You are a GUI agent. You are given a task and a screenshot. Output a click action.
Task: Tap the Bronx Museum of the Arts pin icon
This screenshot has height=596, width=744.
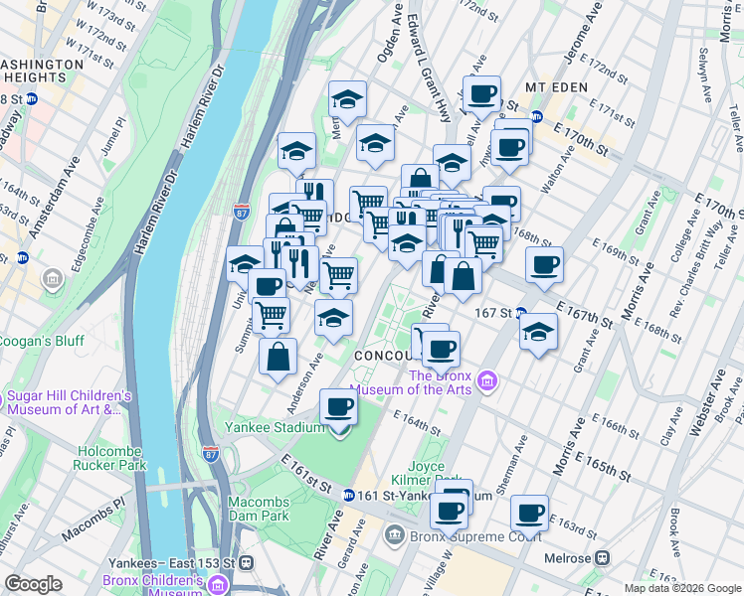(x=486, y=380)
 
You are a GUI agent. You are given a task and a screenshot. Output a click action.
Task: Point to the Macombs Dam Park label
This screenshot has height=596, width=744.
(x=258, y=509)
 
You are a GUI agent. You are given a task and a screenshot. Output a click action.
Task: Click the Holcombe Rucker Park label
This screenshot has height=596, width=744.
(x=111, y=458)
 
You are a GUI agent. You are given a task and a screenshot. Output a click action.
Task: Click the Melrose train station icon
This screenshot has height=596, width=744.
(x=601, y=557)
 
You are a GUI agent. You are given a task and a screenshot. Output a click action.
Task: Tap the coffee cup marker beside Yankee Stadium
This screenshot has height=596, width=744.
(x=339, y=407)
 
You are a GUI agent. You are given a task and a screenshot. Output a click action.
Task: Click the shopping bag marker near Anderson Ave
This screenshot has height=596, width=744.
(x=279, y=357)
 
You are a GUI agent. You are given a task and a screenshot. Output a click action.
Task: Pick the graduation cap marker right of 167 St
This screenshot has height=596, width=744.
(x=538, y=332)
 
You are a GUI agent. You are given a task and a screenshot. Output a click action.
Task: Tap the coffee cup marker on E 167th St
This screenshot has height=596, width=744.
(x=544, y=265)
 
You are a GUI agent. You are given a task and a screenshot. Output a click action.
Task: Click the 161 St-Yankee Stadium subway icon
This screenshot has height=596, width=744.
(x=349, y=495)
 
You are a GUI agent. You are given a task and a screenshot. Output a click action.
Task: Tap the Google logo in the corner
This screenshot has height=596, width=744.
(x=34, y=584)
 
